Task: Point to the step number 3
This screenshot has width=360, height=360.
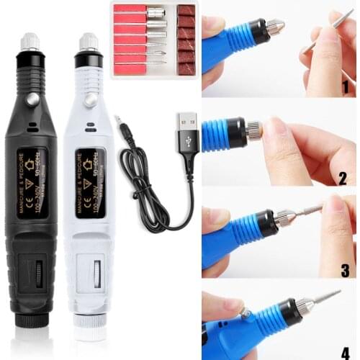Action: coord(345,270)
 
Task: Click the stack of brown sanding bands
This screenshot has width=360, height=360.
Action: coord(186,39)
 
